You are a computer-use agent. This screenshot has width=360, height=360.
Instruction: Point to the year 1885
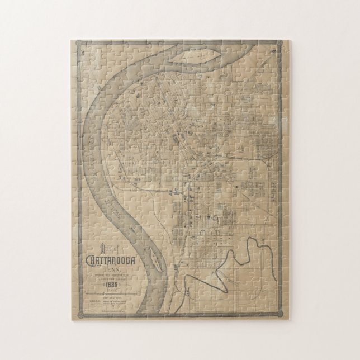111,284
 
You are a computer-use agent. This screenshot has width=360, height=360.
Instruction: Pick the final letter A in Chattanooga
135,260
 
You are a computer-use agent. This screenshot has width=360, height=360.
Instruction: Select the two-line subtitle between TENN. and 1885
111,276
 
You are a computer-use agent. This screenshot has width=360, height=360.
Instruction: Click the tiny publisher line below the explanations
111,311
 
